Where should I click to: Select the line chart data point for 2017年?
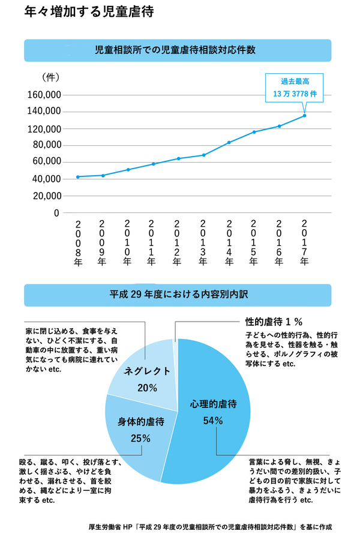pyautogui.click(x=305, y=115)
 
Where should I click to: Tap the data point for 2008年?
pyautogui.click(x=77, y=176)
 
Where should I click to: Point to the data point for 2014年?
pyautogui.click(x=229, y=142)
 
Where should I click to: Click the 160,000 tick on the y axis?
pyautogui.click(x=44, y=95)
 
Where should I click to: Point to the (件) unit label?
pyautogui.click(x=50, y=77)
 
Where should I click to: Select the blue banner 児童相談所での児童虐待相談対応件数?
pyautogui.click(x=178, y=50)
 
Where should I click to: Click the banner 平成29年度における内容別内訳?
pyautogui.click(x=178, y=295)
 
